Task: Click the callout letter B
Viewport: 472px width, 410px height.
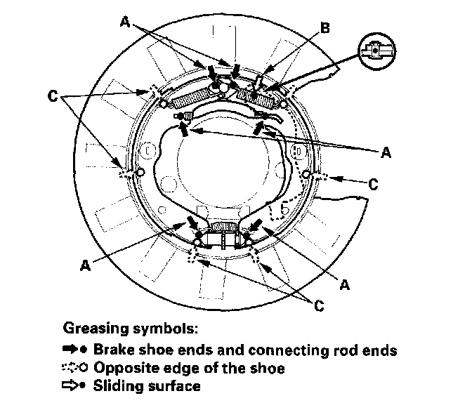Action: pos(325,29)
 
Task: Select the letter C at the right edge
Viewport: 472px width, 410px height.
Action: pos(373,185)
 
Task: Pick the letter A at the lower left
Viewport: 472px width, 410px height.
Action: pos(85,265)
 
